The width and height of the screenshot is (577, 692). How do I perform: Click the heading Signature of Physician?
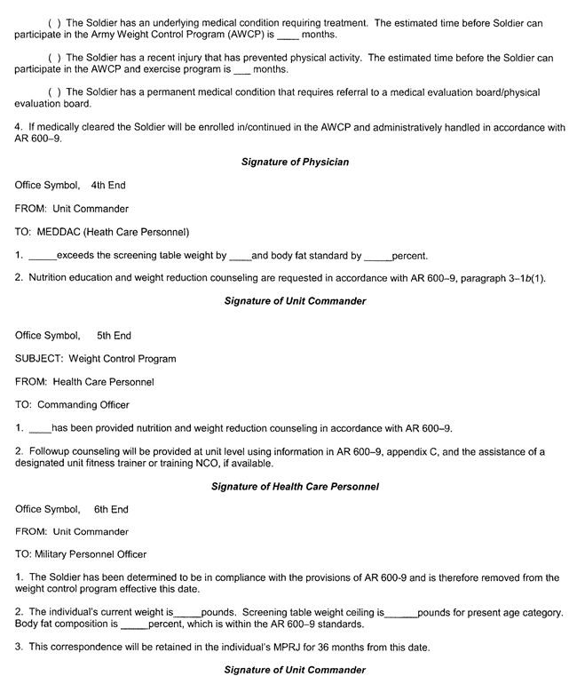pos(295,162)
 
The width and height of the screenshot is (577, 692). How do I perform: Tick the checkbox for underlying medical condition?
pos(52,23)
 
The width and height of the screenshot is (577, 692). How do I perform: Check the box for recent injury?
pos(52,58)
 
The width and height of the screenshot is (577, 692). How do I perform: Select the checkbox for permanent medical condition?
pos(52,92)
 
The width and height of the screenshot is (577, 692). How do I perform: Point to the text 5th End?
pos(114,336)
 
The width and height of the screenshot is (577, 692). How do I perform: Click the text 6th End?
pos(111,509)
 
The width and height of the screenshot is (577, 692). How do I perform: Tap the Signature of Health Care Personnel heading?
pos(295,487)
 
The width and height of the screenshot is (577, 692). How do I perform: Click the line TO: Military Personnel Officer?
pos(81,554)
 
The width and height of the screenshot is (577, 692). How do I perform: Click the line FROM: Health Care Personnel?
pos(84,382)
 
